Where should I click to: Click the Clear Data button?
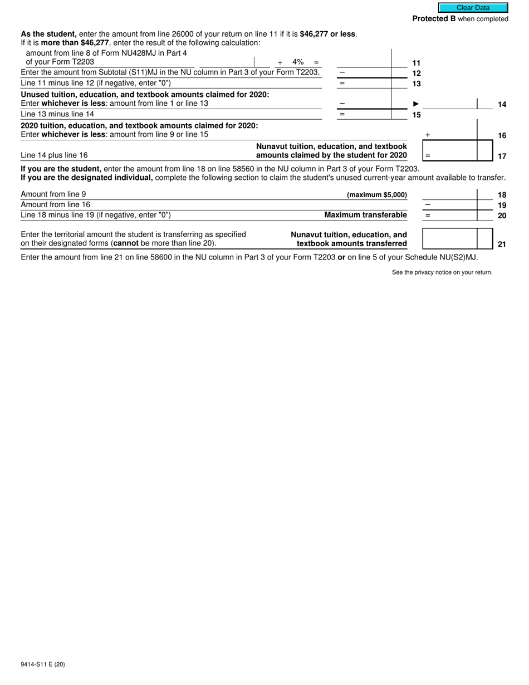(473, 8)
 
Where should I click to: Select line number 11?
(417, 63)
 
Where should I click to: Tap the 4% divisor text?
(298, 62)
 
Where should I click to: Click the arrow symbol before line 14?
(415, 104)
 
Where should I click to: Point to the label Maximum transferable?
(365, 215)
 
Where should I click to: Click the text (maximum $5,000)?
(376, 195)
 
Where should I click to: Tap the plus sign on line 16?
(428, 135)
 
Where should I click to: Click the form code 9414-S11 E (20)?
(43, 664)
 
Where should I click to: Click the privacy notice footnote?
(442, 272)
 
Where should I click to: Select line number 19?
(502, 205)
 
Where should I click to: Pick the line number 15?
(417, 115)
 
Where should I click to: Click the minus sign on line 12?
(342, 72)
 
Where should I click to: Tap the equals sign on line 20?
(428, 216)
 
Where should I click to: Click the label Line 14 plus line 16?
(54, 155)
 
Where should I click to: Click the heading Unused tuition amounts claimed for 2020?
(145, 95)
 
